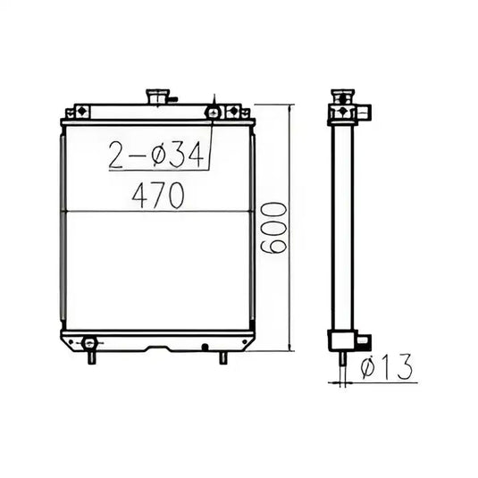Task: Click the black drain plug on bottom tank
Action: (x=205, y=345)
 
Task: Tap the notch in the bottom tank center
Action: (x=157, y=348)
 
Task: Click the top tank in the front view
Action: (x=157, y=111)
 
